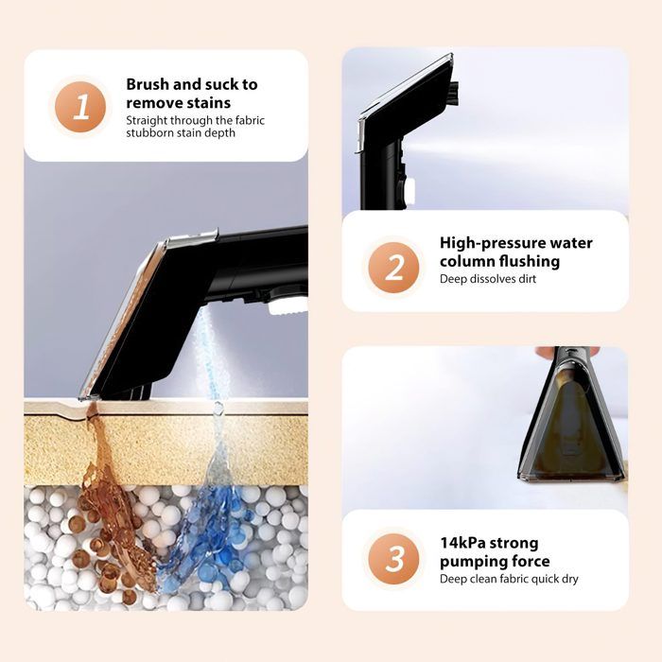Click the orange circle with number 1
point(80,107)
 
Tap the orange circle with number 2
point(393,268)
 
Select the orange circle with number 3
point(393,559)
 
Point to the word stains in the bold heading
point(209,103)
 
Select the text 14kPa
point(463,543)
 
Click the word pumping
point(473,562)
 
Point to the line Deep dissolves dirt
point(488,279)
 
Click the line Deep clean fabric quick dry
point(509,579)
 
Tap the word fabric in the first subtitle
point(250,120)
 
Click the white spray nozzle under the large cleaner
point(287,305)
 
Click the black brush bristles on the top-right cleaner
point(455,91)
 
